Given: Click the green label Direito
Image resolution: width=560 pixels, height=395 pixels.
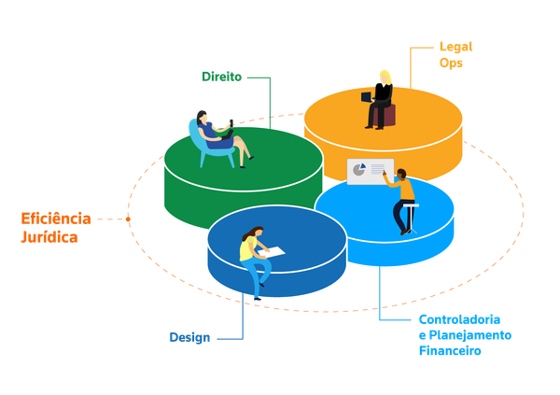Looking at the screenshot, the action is (221, 77).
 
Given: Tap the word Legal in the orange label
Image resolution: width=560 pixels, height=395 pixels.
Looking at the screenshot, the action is (455, 47).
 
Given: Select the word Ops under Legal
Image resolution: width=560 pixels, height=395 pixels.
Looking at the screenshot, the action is (451, 63).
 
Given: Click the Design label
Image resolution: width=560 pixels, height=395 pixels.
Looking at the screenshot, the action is (189, 337).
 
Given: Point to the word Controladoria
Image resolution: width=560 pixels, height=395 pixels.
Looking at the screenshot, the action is (459, 319).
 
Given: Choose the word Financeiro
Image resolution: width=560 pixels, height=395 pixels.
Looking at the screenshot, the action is (450, 351).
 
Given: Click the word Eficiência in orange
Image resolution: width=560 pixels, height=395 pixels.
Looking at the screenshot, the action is (56, 219).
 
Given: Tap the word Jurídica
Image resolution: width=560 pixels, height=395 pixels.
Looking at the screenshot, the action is (49, 237).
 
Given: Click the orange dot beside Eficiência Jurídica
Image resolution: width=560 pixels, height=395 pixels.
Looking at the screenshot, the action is (128, 219).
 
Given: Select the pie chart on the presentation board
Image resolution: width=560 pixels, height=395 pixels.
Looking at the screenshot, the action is (359, 169).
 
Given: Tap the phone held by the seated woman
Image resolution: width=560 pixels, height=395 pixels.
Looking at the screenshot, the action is (231, 122).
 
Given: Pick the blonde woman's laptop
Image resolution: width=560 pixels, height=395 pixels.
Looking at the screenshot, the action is (367, 96).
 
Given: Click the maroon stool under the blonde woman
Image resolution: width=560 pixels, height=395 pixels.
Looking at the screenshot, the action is (385, 115).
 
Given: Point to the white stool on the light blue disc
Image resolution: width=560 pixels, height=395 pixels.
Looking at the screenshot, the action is (411, 218).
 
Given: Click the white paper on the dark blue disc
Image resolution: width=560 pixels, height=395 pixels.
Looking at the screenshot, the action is (272, 251).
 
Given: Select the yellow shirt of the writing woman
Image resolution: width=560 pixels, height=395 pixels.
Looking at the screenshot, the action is (247, 248).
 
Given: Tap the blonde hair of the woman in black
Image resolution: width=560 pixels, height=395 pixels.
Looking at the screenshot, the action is (385, 78).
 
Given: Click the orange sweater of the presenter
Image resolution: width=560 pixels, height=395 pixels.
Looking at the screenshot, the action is (403, 189).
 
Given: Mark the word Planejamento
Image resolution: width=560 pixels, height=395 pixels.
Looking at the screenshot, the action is (470, 335).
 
